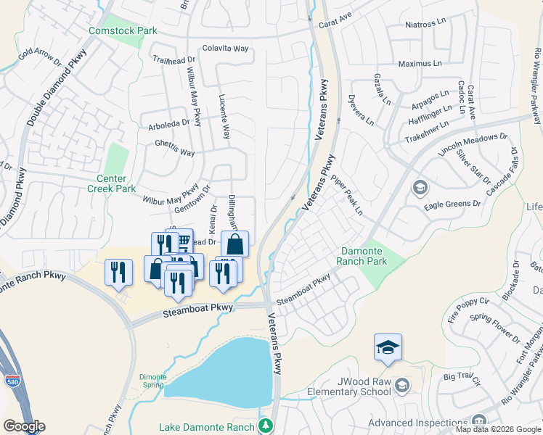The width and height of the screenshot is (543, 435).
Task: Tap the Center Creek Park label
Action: pos(111,183)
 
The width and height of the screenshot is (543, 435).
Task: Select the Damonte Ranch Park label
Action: pos(364,256)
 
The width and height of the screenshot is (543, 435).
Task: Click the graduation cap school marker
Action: pos(388,348)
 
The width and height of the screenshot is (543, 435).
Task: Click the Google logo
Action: pos(23,426)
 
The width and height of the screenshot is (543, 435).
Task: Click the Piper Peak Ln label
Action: pos(346,196)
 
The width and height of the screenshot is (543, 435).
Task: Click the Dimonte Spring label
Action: pos(152,381)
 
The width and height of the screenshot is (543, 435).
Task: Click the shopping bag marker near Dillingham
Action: pos(234,244)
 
